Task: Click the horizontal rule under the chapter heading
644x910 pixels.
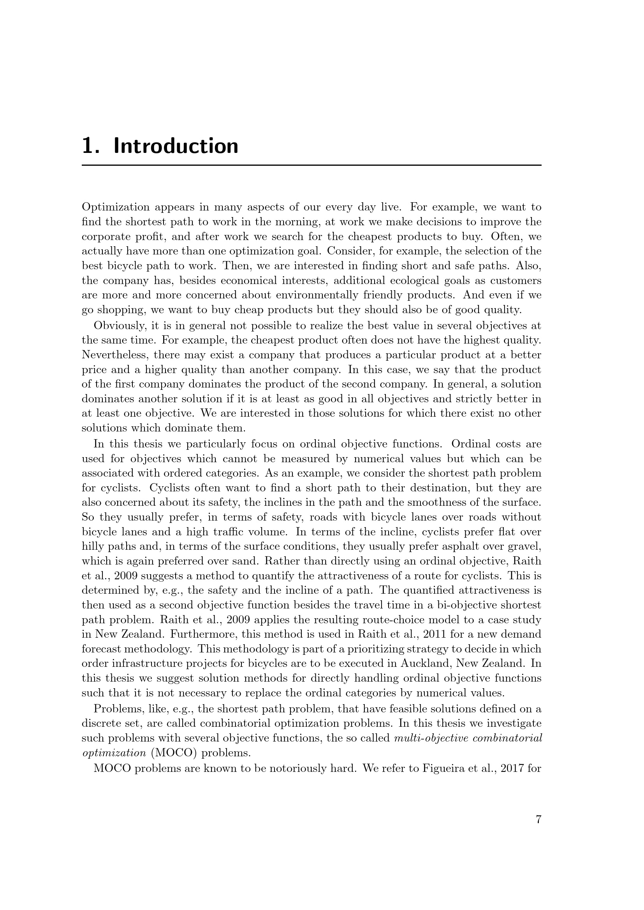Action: tap(311, 165)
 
